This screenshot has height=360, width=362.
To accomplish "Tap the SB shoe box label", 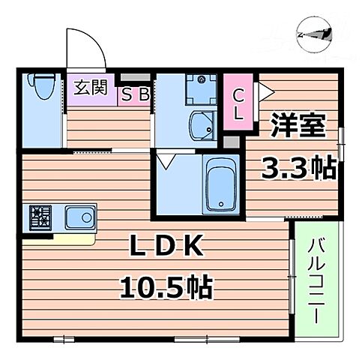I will click(x=135, y=94).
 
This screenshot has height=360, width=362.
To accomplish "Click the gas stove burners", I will click(x=40, y=218).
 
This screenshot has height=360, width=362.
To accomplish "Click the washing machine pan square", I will click(x=199, y=89).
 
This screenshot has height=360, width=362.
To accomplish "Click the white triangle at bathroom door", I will click(x=166, y=160).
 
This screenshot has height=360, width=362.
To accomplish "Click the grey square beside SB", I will click(x=133, y=78).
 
